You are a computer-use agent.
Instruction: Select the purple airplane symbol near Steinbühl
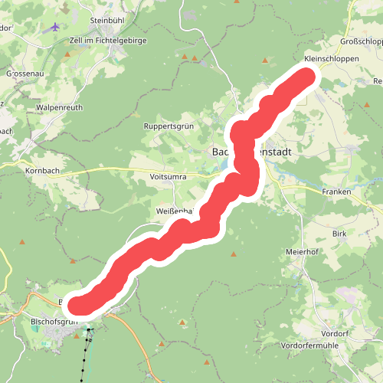tap(55, 27)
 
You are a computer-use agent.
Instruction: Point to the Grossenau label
tap(24, 74)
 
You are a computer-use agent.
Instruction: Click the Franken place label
tap(336, 191)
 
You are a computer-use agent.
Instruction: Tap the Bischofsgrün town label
tap(54, 321)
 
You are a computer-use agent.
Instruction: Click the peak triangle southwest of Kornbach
tap(22, 243)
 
